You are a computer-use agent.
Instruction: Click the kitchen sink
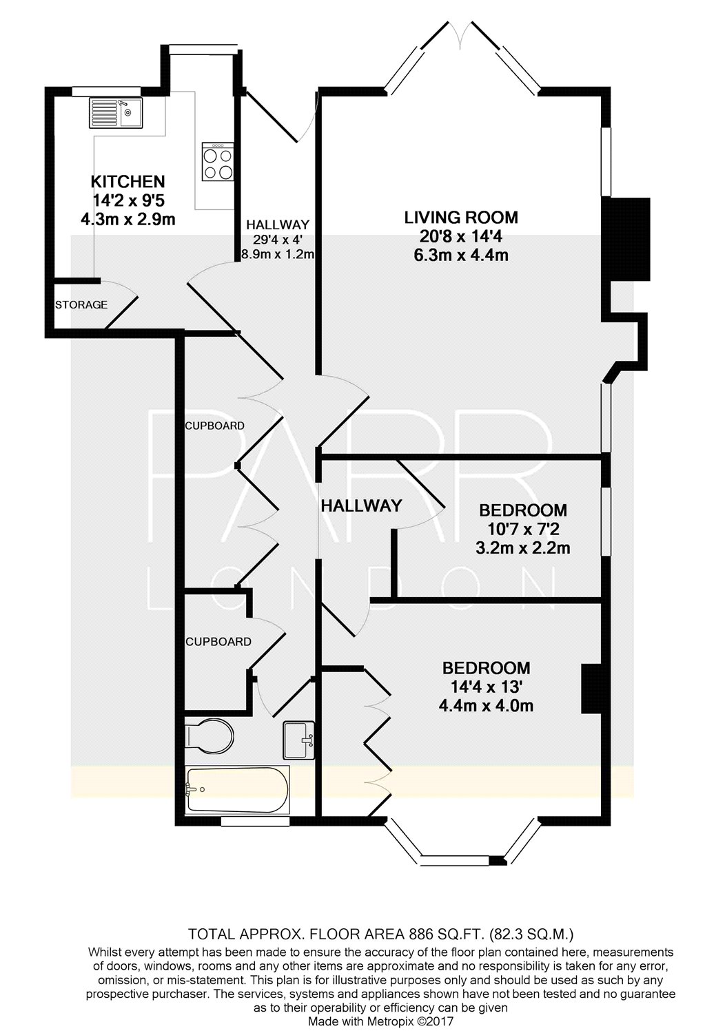click(x=116, y=113)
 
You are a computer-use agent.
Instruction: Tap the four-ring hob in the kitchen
click(x=218, y=161)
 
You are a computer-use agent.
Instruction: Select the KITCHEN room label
click(x=127, y=181)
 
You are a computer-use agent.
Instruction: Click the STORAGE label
click(x=81, y=304)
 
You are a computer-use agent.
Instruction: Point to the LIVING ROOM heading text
click(x=461, y=217)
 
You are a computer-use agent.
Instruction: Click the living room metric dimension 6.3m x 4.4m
click(x=461, y=255)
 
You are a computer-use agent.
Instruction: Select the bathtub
click(x=237, y=789)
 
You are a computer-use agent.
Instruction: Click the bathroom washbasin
click(x=299, y=740)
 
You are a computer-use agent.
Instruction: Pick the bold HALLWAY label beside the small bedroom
click(x=361, y=506)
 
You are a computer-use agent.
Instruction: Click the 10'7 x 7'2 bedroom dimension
click(x=523, y=530)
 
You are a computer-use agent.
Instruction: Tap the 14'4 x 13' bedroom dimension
click(x=487, y=687)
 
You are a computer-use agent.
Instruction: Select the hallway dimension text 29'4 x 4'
click(x=278, y=239)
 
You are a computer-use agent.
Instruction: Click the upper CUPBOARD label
click(x=214, y=426)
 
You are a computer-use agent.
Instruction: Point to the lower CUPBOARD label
click(x=218, y=641)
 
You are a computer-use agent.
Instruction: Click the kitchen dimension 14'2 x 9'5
click(x=129, y=200)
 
